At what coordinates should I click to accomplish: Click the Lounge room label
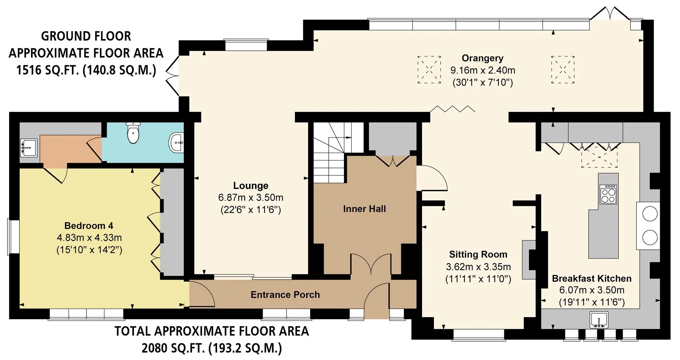pos(250,186)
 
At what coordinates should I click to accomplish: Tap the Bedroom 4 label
pos(89,226)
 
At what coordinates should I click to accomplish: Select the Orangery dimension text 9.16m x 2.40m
pos(483,70)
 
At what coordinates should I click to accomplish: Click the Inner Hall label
pos(364,209)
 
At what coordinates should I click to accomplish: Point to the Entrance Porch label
pos(285,295)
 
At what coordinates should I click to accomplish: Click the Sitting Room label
pos(478,254)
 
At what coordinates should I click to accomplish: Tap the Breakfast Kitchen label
pos(592,279)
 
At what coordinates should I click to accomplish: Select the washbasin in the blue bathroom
pos(177,143)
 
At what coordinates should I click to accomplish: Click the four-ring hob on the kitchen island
pos(608,194)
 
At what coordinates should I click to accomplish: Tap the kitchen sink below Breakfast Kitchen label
pos(599,320)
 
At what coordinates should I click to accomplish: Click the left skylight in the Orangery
pos(429,69)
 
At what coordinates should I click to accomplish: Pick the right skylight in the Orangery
pos(563,69)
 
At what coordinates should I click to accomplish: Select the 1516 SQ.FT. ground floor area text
pos(86,70)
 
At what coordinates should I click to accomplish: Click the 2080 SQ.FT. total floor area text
pos(212,348)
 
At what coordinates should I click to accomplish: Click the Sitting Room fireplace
pos(529,260)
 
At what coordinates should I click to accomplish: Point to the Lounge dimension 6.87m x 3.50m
pos(251,198)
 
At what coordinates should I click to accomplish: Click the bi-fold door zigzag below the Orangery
pos(452,108)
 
